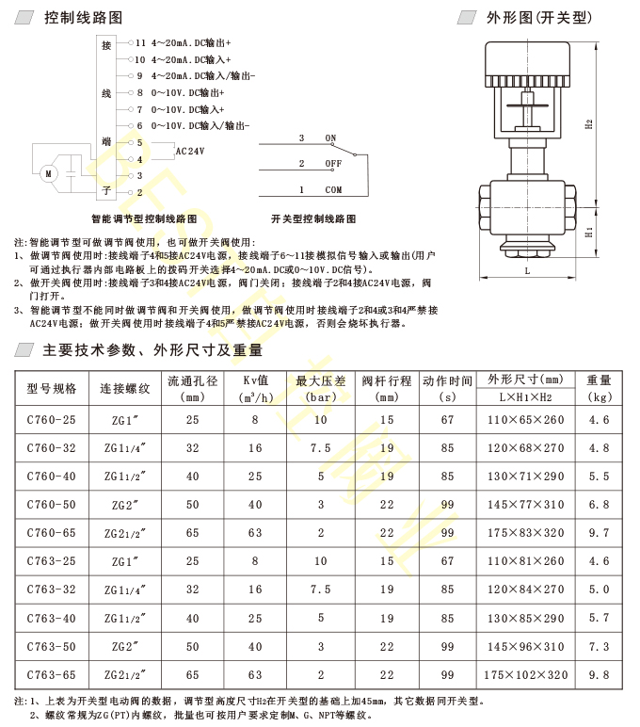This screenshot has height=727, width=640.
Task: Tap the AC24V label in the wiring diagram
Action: (x=191, y=151)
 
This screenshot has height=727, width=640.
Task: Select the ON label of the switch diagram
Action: (x=330, y=137)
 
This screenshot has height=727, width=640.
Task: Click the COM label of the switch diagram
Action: (x=333, y=189)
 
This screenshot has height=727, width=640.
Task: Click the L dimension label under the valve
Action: (x=527, y=270)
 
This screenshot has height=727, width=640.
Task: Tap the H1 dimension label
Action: (x=587, y=231)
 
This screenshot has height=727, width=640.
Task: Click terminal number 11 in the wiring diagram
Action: (x=142, y=43)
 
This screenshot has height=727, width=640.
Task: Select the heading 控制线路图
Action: (x=82, y=18)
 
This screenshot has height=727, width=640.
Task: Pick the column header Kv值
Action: (x=255, y=380)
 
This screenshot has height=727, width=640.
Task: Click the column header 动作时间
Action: (x=447, y=380)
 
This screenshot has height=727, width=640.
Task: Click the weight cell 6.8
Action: (x=600, y=505)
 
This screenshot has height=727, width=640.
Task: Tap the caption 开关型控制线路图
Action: (x=313, y=218)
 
